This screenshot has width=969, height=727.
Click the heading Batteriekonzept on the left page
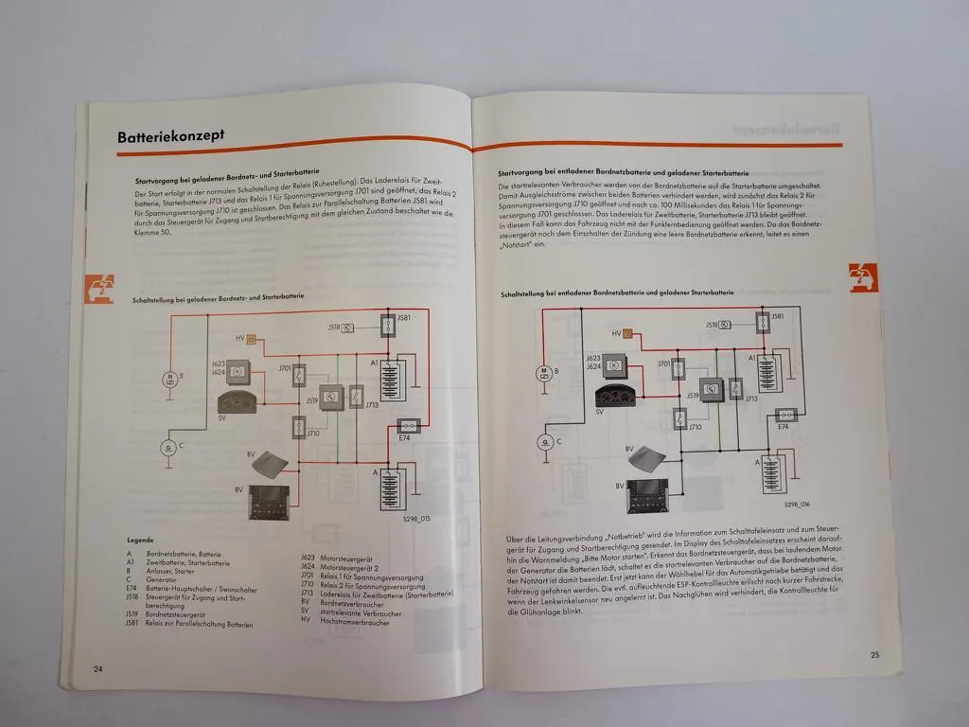pyautogui.click(x=170, y=136)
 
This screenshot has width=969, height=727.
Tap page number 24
pyautogui.click(x=97, y=668)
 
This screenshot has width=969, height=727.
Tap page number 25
pyautogui.click(x=874, y=655)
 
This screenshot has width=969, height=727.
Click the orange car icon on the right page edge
pyautogui.click(x=863, y=277)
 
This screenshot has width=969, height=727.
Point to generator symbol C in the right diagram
pyautogui.click(x=545, y=440)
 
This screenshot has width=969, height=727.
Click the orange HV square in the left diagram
pyautogui.click(x=254, y=338)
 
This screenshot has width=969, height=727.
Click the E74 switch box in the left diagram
pyautogui.click(x=410, y=425)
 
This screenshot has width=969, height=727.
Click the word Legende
pyautogui.click(x=140, y=541)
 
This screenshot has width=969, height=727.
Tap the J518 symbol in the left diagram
pyautogui.click(x=347, y=327)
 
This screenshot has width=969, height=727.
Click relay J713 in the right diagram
pyautogui.click(x=736, y=387)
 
